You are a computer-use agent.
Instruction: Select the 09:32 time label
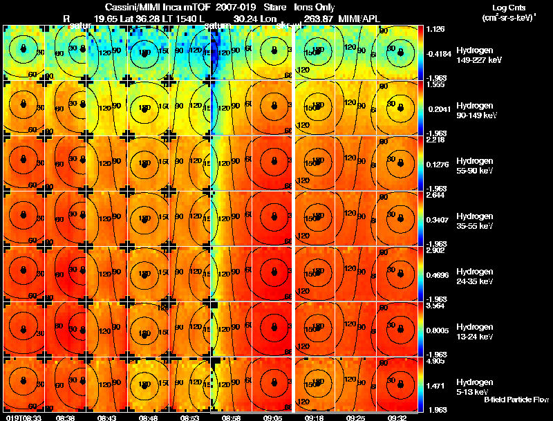397,417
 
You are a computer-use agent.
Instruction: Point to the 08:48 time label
148,417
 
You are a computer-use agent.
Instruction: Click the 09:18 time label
315,417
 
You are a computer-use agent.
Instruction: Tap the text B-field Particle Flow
516,400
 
